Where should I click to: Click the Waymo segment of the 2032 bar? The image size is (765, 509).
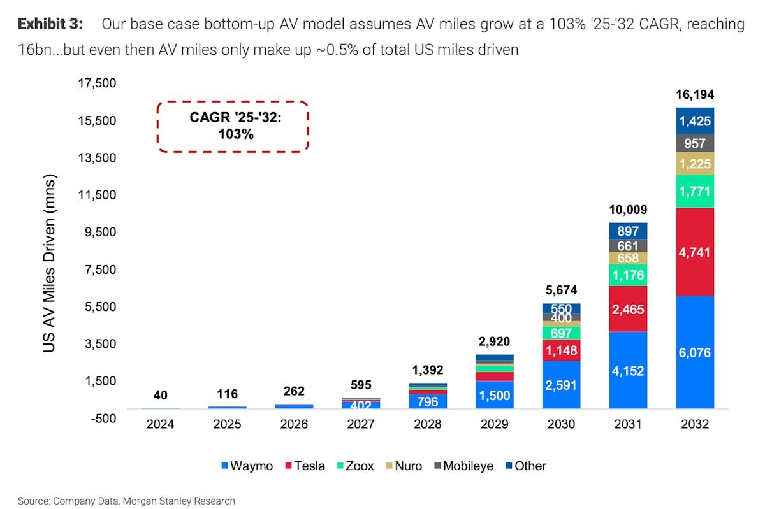(695, 352)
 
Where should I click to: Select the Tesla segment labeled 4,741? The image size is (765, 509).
(695, 252)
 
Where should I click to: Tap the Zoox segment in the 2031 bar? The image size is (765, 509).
(628, 276)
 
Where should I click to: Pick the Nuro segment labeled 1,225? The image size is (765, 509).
(695, 164)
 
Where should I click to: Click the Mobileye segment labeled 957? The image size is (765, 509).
(695, 143)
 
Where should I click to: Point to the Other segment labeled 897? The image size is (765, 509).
(628, 231)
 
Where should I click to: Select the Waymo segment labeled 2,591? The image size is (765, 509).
(561, 385)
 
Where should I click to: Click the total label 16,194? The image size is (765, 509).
(695, 94)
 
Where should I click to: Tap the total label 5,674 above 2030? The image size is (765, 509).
(561, 290)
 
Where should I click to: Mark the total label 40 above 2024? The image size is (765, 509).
(161, 396)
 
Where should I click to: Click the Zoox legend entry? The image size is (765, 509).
(356, 466)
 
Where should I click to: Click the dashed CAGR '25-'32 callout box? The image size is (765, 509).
(233, 125)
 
